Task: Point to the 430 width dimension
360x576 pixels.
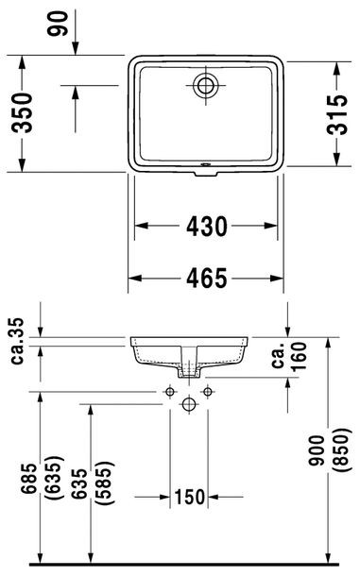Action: [206, 227]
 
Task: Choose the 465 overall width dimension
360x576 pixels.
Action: [206, 279]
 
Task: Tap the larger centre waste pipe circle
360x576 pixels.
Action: [187, 403]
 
